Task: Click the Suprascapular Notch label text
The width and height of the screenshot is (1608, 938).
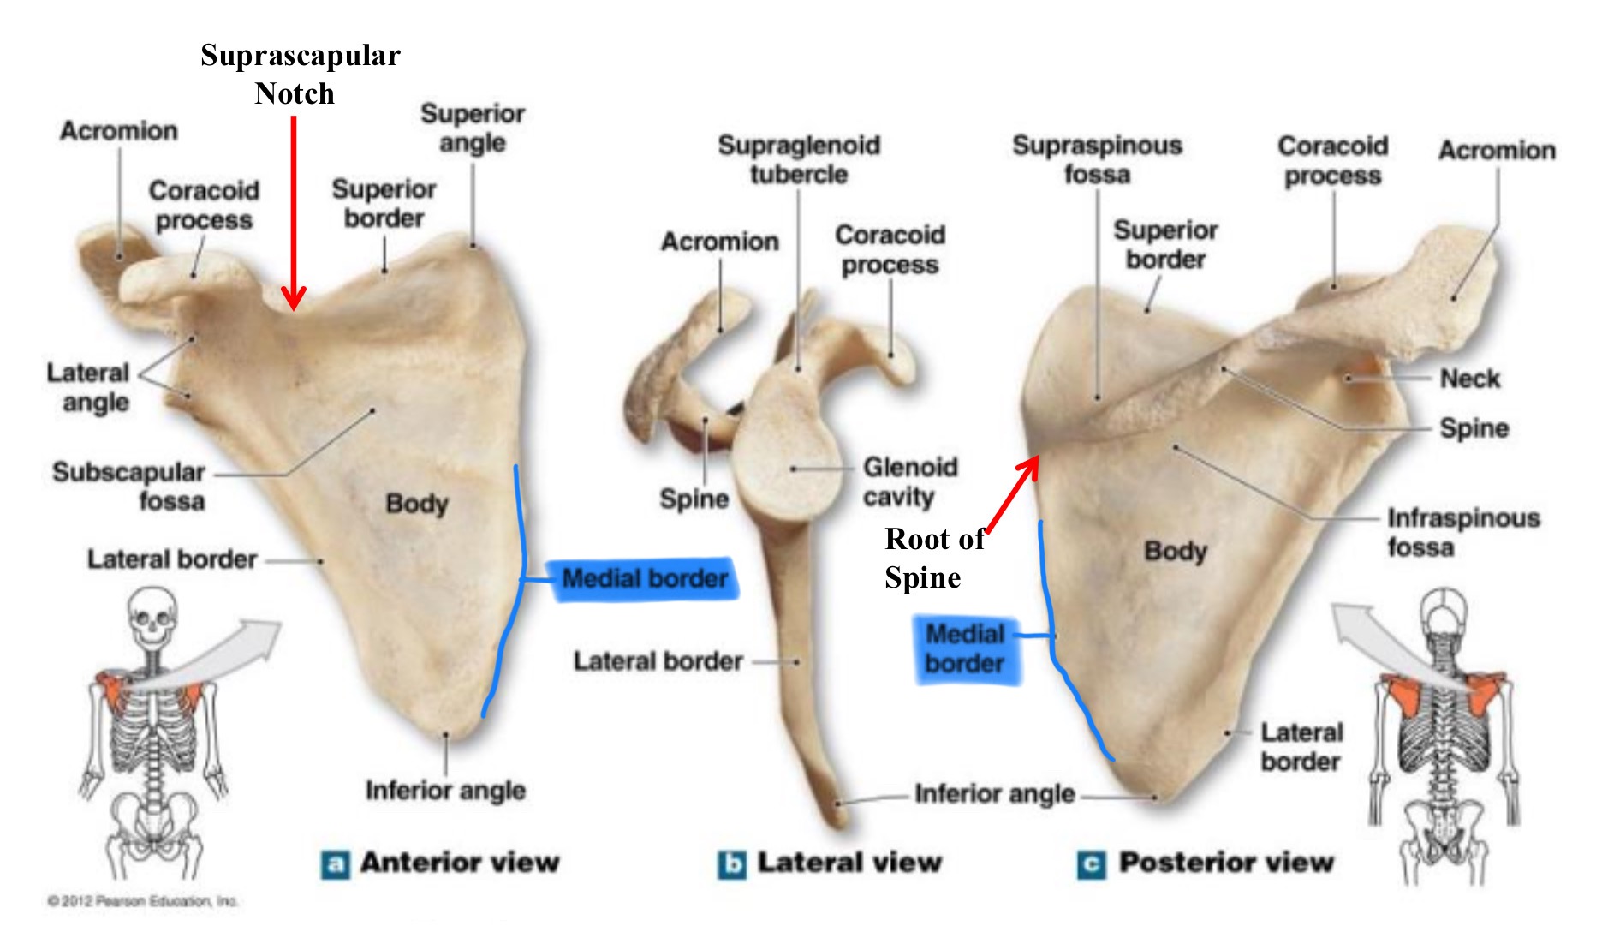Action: pos(300,74)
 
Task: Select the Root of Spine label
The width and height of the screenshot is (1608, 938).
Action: pos(934,558)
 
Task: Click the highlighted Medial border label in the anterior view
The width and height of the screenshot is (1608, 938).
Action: pos(645,579)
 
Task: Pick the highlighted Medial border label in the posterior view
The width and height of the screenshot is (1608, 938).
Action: pos(965,648)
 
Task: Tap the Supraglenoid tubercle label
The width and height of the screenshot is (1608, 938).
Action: pos(799,159)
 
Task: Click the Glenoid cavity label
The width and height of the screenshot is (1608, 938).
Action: pos(909,481)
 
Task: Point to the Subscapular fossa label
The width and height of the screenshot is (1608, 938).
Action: pos(129,486)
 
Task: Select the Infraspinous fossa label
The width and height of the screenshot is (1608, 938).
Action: pos(1462,532)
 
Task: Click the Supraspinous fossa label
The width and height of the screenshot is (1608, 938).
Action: pos(1097,159)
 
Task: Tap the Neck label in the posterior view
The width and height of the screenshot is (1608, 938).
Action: pos(1469,379)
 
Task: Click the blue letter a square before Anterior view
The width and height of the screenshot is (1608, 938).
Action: pos(335,864)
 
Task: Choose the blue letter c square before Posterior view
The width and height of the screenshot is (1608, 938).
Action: pos(1091,864)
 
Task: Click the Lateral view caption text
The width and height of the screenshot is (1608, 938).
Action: pos(849,863)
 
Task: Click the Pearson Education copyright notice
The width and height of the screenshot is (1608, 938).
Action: pos(143,901)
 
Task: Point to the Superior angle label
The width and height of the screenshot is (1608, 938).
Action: pos(473,128)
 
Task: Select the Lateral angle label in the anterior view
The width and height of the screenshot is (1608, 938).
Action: pos(88,387)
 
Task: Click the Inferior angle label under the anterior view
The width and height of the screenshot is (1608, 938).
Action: pos(445,790)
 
